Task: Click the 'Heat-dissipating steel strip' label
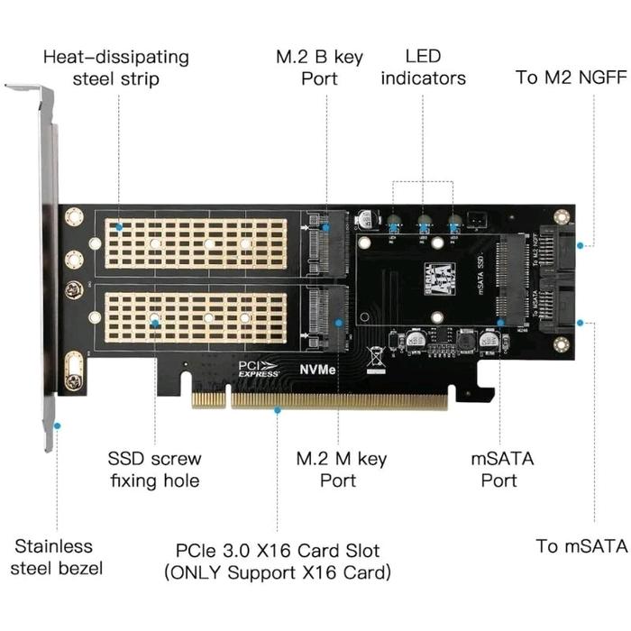click(x=116, y=68)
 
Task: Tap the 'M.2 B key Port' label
click(x=319, y=68)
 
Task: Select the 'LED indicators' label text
click(x=423, y=68)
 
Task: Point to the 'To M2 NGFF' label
click(x=571, y=77)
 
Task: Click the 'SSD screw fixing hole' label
click(x=154, y=470)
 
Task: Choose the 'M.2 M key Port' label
click(x=342, y=470)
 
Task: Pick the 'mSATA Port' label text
click(x=502, y=470)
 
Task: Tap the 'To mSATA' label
click(x=581, y=545)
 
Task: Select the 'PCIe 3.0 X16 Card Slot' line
click(x=277, y=550)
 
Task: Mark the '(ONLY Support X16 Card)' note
click(x=277, y=572)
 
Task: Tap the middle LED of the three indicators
click(x=423, y=224)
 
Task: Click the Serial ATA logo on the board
click(x=438, y=275)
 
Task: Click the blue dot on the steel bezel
click(x=57, y=425)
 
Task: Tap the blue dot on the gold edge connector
click(x=278, y=410)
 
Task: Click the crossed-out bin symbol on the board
click(x=376, y=353)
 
